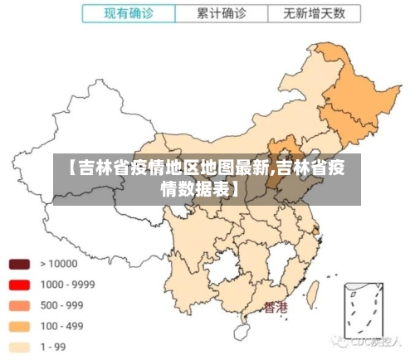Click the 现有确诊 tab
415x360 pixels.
tap(129, 13)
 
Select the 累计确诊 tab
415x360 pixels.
tap(222, 13)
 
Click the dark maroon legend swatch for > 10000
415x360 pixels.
tap(19, 265)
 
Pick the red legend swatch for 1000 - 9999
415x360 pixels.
tap(19, 285)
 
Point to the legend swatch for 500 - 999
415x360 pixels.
tap(19, 306)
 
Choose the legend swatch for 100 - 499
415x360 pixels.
tap(19, 327)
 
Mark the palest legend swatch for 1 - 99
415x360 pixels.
tap(19, 348)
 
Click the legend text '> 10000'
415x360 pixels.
tap(58, 265)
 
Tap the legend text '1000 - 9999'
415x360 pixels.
tap(67, 285)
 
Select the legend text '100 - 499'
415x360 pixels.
tap(61, 326)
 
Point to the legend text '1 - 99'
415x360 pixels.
tap(55, 347)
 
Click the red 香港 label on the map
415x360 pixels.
tap(276, 308)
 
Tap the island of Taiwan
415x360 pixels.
tap(315, 291)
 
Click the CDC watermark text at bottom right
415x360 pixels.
tap(370, 341)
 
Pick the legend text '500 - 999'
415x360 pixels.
tap(61, 305)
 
